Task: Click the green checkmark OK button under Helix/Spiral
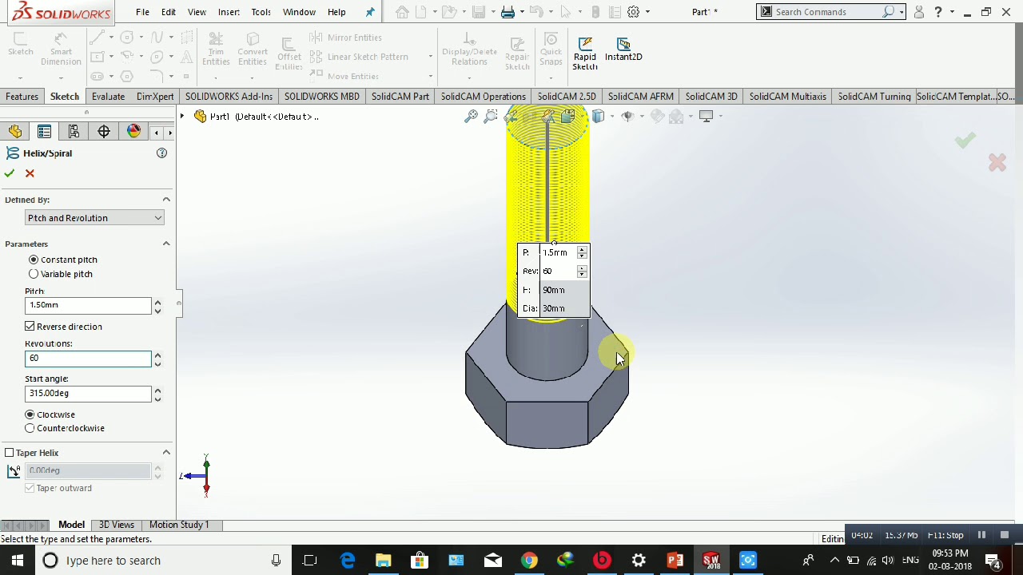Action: click(x=10, y=173)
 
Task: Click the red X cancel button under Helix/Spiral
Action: click(x=30, y=173)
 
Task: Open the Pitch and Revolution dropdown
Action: click(x=94, y=218)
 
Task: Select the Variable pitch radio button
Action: click(x=34, y=274)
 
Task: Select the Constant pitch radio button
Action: click(x=34, y=260)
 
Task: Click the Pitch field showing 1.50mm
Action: click(x=86, y=305)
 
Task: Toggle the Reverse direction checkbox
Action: click(x=30, y=327)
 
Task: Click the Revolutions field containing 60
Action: click(x=86, y=359)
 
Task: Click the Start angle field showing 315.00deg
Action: click(x=86, y=394)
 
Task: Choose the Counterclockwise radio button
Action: click(x=30, y=429)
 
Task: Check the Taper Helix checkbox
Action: click(x=10, y=453)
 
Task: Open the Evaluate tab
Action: click(x=108, y=97)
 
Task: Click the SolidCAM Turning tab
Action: click(x=874, y=97)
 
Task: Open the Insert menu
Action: click(x=229, y=12)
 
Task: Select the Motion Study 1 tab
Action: click(x=178, y=525)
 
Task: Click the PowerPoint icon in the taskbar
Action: click(x=675, y=561)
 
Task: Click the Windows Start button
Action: click(x=17, y=561)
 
